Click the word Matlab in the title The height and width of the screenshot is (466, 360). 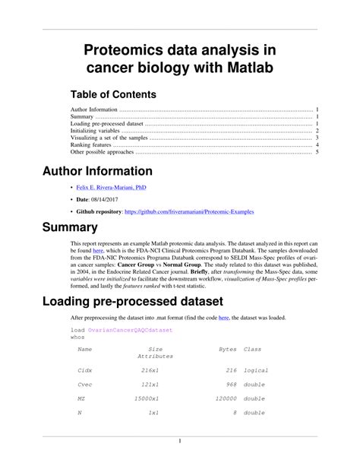tap(248, 71)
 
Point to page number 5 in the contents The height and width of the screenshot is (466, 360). tap(317, 152)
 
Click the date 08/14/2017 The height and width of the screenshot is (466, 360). tap(115, 199)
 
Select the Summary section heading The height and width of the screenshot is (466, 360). tap(71, 227)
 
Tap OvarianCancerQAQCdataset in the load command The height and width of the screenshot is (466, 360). tap(130, 331)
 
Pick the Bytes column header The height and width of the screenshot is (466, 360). tap(227, 349)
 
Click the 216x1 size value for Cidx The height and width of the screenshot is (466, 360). tap(149, 370)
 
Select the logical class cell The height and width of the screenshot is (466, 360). tap(256, 370)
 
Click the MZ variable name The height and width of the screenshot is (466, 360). tap(81, 398)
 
